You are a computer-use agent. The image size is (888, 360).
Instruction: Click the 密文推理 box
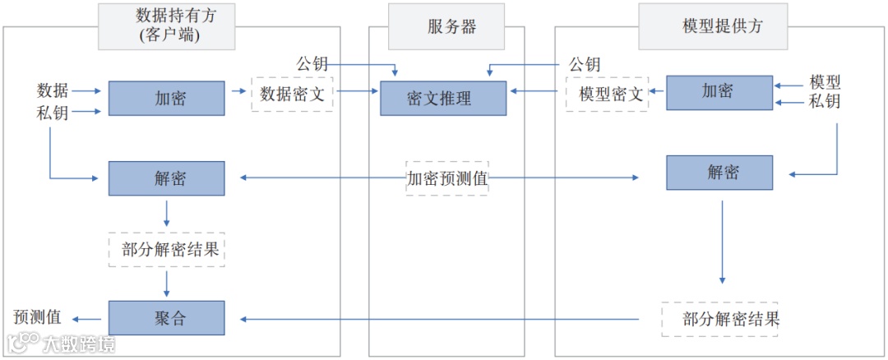click(x=443, y=99)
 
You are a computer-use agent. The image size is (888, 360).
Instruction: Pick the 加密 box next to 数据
click(x=167, y=99)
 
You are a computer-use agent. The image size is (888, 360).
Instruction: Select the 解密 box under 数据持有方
click(x=167, y=178)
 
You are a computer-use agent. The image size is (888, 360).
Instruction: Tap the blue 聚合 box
click(x=167, y=318)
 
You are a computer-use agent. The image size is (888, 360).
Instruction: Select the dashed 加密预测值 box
click(x=447, y=178)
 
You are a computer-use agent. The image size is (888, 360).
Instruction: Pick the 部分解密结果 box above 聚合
click(x=167, y=250)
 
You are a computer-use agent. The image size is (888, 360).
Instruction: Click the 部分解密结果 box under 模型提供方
click(x=720, y=319)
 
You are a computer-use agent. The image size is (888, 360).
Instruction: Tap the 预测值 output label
click(x=37, y=318)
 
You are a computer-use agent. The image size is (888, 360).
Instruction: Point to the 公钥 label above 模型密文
click(x=585, y=64)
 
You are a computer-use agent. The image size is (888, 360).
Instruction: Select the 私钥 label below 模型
click(x=824, y=102)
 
